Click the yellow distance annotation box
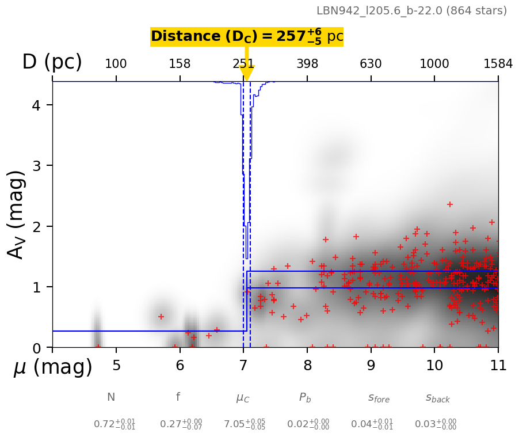[246, 37]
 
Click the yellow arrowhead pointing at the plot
[247, 74]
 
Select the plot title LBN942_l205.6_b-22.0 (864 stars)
[411, 11]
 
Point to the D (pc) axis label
[52, 62]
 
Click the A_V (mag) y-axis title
[17, 214]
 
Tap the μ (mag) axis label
[53, 367]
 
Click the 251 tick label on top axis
[243, 64]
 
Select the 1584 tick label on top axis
[498, 64]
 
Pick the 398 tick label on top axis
[307, 64]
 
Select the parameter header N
[111, 397]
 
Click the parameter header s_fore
[379, 398]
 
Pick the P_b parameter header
[306, 397]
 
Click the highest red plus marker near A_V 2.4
[450, 204]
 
